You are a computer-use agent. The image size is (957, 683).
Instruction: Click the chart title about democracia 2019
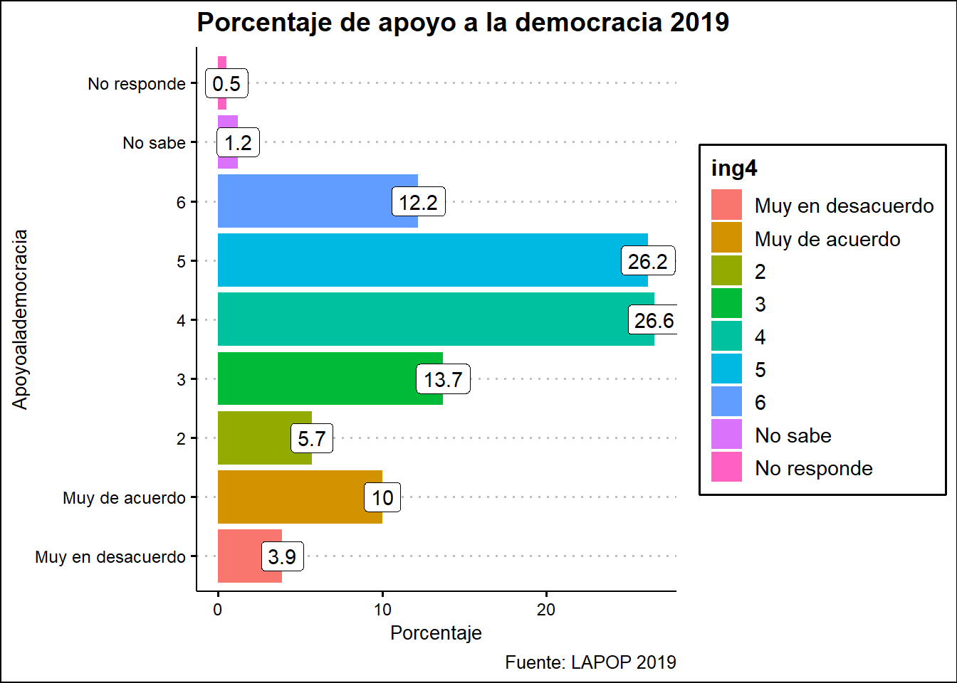pos(463,23)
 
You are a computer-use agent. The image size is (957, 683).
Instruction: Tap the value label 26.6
pos(654,320)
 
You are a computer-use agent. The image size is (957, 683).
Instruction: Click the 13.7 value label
pos(443,380)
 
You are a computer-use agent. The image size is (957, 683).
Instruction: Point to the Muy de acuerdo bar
pos(300,497)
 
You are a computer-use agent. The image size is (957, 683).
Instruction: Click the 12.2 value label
pos(418,203)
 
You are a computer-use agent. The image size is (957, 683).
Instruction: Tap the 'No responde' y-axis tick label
pos(137,84)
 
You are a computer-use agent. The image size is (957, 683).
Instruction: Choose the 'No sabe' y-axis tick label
pos(154,143)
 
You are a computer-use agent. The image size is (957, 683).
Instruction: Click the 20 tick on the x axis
pos(546,610)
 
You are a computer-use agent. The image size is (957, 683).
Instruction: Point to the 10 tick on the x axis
pos(382,610)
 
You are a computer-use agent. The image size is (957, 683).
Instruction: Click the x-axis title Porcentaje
pos(436,633)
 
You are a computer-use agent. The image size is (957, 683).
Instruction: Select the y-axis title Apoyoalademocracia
pos(20,319)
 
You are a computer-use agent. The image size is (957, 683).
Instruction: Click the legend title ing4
pos(734,169)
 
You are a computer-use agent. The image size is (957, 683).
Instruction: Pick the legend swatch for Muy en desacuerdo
pos(726,206)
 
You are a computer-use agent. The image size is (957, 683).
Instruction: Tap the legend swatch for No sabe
pos(726,435)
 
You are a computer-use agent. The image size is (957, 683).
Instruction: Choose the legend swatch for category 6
pos(726,402)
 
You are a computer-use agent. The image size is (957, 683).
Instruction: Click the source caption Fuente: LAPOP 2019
pos(590,662)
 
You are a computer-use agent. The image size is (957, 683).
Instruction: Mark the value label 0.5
pos(226,84)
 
